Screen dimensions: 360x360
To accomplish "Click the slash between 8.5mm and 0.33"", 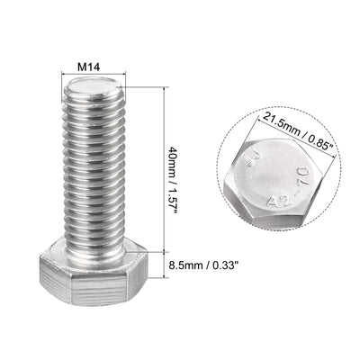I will pos(217,265).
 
